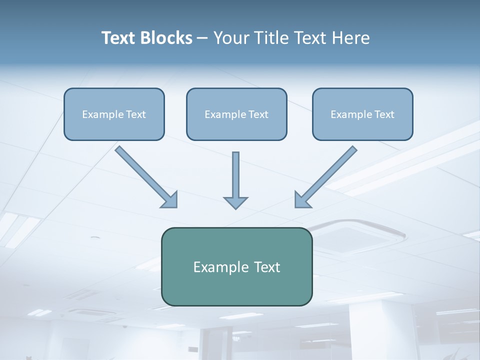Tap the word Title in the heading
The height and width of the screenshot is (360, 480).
(272, 38)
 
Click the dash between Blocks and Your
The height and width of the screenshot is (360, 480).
(202, 38)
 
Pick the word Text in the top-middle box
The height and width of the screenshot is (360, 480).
(258, 114)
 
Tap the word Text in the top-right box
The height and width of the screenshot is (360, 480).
(384, 114)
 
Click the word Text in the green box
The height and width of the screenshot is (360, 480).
(267, 267)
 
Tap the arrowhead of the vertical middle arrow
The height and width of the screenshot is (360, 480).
(235, 201)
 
